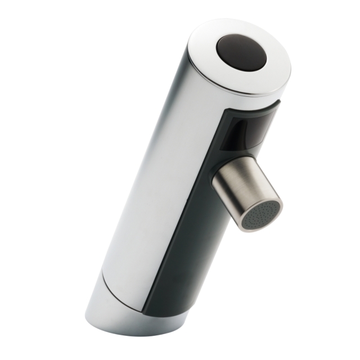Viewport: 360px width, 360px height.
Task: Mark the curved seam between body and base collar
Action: point(118,287)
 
